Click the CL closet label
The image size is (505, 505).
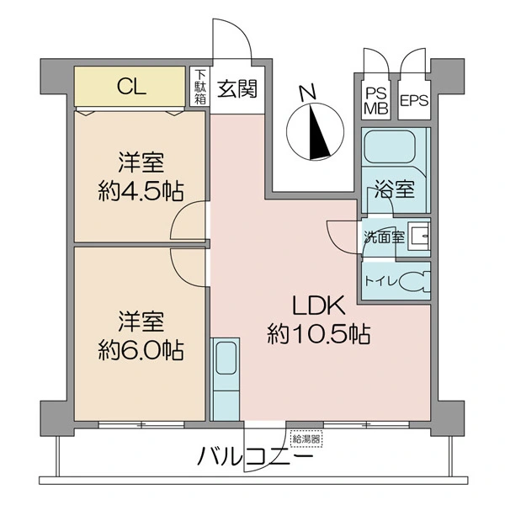(132, 87)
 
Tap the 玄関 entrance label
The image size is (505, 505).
(237, 88)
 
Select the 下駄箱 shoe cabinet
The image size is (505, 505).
(199, 87)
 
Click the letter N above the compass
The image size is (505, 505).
(307, 93)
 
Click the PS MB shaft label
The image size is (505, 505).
(376, 101)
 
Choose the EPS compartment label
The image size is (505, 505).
(414, 100)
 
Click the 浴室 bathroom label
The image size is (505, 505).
(394, 189)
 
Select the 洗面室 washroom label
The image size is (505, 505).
(384, 237)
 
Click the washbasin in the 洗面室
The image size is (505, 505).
(418, 237)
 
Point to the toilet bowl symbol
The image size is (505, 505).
(415, 282)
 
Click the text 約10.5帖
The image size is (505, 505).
(318, 334)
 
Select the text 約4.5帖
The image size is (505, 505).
(141, 191)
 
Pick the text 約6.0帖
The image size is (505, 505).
(141, 349)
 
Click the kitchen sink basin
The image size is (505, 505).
(226, 358)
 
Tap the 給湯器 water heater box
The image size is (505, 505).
(306, 439)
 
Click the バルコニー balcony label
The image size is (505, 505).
(255, 457)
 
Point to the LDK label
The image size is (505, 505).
(319, 306)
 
